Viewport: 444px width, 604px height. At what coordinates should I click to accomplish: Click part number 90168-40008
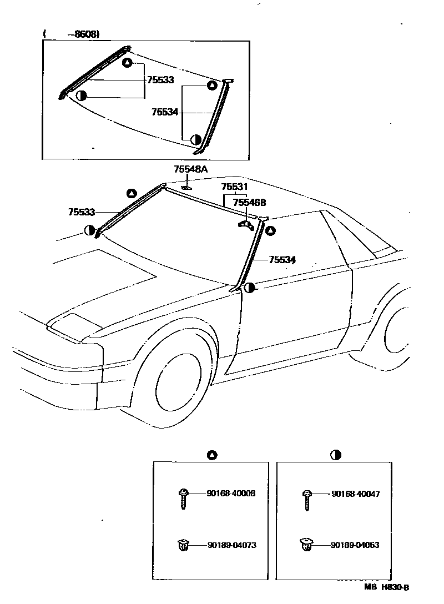click(x=231, y=493)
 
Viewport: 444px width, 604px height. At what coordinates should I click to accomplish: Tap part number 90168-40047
click(x=356, y=493)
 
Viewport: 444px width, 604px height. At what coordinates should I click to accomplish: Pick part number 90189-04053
click(x=355, y=545)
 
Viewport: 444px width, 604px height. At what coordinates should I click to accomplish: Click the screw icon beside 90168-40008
click(x=183, y=497)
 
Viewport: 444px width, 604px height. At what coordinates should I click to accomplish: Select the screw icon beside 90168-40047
click(x=306, y=498)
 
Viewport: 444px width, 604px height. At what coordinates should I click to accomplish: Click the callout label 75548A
click(x=190, y=169)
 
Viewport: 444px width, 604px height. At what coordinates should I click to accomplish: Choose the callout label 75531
click(x=235, y=187)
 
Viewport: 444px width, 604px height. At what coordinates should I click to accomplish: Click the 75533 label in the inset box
click(x=160, y=80)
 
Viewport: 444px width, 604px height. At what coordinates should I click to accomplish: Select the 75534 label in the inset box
click(x=165, y=112)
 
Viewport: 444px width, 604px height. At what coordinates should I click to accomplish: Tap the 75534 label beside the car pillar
click(x=282, y=259)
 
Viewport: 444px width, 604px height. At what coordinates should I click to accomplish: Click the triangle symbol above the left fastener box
click(x=211, y=455)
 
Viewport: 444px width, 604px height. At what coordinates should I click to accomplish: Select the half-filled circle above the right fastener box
click(x=335, y=455)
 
